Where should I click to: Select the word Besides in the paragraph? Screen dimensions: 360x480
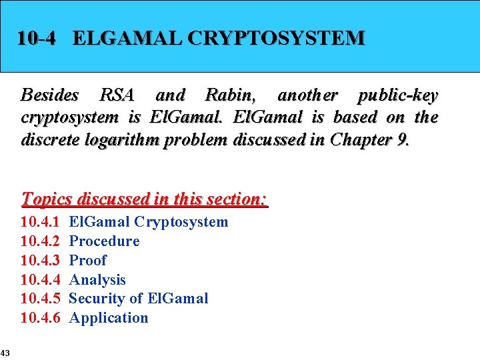coord(50,95)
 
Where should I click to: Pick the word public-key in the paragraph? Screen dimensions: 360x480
coord(397,95)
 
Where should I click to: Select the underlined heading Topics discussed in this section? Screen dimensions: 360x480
coord(145,199)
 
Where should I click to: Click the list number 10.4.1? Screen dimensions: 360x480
coord(41,222)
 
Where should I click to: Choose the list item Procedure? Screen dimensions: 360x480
coord(104,241)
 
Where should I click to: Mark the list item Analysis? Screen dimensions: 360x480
coord(97,280)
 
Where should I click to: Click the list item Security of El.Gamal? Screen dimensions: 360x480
coord(139,299)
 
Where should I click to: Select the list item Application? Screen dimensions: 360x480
coord(109,318)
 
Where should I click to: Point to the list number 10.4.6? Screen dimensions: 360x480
coord(41,318)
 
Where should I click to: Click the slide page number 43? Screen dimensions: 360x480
coord(5,352)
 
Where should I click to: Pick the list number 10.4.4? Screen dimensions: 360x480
coord(41,280)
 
